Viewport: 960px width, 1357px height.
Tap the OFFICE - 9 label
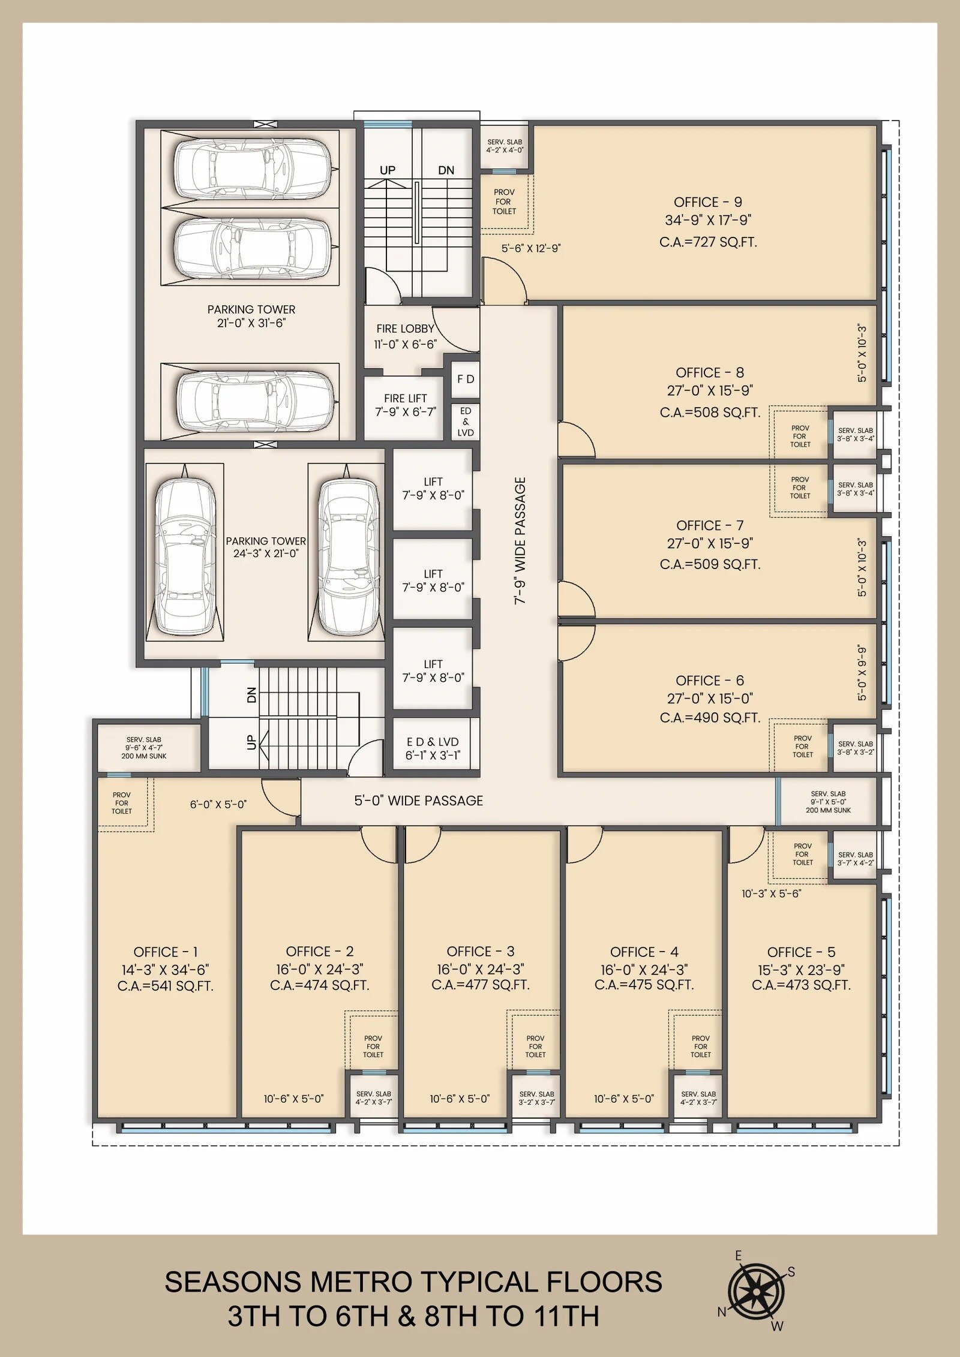coord(708,202)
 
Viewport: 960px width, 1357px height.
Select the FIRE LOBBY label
coord(405,329)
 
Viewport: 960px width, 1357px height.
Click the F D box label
coord(466,379)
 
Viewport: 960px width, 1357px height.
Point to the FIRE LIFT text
coord(406,398)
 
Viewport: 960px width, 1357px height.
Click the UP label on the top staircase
coord(388,170)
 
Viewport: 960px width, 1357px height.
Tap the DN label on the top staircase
coord(446,170)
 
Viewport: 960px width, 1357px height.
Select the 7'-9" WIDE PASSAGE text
coord(520,540)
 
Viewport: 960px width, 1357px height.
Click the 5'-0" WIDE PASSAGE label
coord(418,801)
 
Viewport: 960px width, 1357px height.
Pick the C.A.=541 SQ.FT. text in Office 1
coord(166,986)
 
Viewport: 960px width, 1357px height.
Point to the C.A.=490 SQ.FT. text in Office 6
coord(710,718)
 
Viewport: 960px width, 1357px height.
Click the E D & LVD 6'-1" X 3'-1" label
coord(433,748)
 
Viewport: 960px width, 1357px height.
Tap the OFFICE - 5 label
coord(801,952)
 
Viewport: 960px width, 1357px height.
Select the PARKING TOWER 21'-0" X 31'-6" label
coord(251,316)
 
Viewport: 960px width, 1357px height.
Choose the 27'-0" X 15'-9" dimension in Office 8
coord(710,390)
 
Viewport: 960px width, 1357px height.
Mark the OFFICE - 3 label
coord(481,952)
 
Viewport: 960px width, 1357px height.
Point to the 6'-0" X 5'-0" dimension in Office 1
coord(218,805)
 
